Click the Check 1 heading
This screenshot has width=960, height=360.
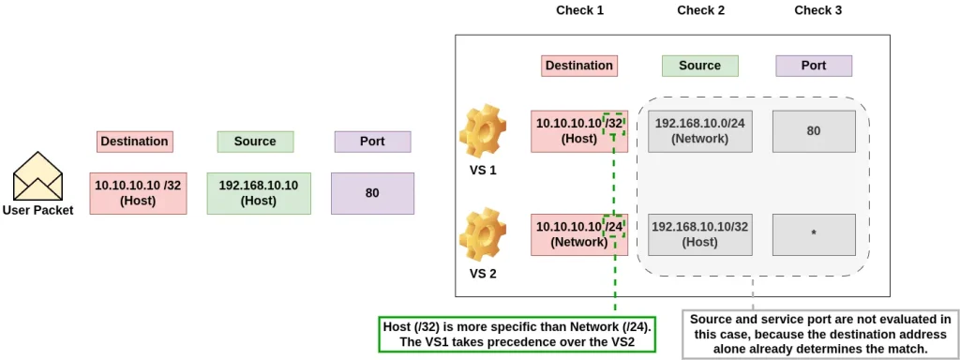point(579,10)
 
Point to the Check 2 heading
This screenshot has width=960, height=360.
point(700,10)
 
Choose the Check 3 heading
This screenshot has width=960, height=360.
point(817,10)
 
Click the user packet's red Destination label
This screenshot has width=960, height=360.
point(134,142)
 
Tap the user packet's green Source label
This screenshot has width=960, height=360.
point(255,142)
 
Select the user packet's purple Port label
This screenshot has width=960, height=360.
point(372,142)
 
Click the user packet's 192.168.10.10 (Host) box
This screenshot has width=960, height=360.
point(259,193)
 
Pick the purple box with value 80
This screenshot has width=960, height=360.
point(372,193)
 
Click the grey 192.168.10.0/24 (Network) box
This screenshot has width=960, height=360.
point(699,131)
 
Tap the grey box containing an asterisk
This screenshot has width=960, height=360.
point(814,234)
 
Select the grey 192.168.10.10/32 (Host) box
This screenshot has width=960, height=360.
point(699,234)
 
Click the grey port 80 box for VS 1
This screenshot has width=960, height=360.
point(814,131)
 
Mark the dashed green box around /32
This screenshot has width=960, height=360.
point(614,124)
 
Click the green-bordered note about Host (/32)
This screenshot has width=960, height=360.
point(517,334)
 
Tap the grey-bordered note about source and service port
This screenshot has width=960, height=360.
point(820,335)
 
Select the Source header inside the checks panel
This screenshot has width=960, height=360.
point(700,66)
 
